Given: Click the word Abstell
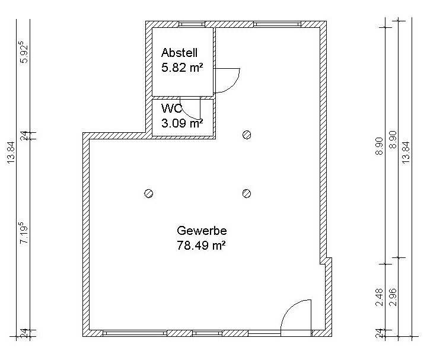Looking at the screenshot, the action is (179, 53).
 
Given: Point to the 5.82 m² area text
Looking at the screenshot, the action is (182, 67).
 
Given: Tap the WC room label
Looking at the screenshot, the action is (171, 109).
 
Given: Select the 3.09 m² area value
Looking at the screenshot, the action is (182, 123).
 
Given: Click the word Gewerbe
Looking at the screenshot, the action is (202, 231).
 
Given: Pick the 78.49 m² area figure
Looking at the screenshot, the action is (201, 246).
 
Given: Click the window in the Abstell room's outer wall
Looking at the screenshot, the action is (192, 24).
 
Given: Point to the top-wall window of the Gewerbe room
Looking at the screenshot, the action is (277, 24).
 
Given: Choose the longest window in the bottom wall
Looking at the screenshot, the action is (135, 333).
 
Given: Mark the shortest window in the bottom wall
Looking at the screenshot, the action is (207, 333).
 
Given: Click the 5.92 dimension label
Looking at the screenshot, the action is (24, 52).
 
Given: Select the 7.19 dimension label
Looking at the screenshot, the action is (24, 233).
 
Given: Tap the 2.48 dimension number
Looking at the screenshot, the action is (379, 297).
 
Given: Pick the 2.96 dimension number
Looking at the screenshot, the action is (393, 297).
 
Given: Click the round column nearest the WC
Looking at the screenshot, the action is (247, 135).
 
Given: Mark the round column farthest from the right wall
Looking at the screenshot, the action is (148, 193).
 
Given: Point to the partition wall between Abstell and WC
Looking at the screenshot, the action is (183, 98).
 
